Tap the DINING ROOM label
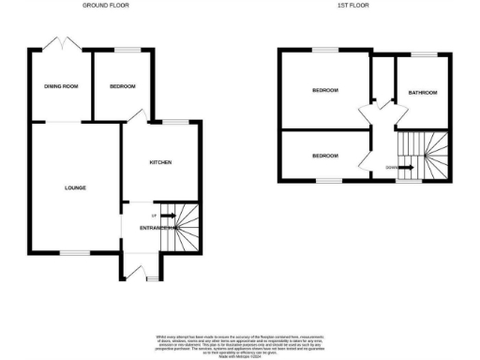tap(60, 87)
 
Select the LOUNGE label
tap(75, 187)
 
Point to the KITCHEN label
tap(160, 162)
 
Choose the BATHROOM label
tap(422, 92)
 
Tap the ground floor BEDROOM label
tap(123, 87)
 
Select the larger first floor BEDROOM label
tap(325, 90)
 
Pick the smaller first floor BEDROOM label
tap(325, 155)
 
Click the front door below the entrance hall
tap(143, 272)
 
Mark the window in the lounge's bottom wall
tap(75, 251)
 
